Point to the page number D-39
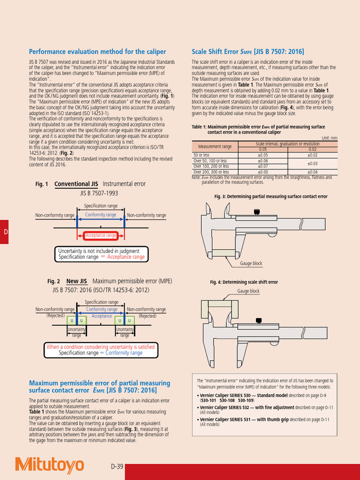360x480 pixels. coord(117,466)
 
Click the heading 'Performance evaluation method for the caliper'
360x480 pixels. coord(97,52)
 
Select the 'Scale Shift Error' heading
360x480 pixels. coord(248,52)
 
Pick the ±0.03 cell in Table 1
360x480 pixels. coord(312,164)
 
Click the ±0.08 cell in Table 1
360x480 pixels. coord(263,172)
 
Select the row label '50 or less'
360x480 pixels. coord(202,155)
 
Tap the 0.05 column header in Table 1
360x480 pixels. coord(263,149)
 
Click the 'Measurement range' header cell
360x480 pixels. coord(215,147)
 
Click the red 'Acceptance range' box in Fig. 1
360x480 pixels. coord(101,235)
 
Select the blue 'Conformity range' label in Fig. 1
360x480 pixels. coord(101,215)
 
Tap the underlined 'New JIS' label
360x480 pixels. coord(77,281)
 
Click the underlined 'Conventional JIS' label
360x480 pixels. coord(78,184)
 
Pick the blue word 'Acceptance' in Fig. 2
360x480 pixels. coord(102,316)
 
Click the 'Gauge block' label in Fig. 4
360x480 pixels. coord(248,291)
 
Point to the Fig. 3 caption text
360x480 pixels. coord(270,196)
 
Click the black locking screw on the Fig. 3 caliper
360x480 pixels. coord(256,212)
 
